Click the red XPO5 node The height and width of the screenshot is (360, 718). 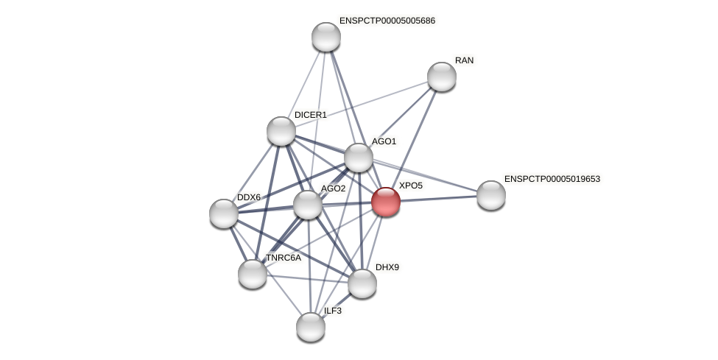click(x=386, y=202)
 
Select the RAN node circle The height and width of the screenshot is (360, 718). click(x=442, y=77)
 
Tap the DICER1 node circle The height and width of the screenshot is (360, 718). click(x=281, y=131)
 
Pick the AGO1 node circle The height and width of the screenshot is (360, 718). click(x=359, y=158)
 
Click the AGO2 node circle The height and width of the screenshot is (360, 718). click(x=308, y=205)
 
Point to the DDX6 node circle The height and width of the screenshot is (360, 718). click(x=224, y=213)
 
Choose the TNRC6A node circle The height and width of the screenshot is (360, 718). click(x=253, y=274)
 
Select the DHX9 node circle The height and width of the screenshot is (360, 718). click(x=362, y=283)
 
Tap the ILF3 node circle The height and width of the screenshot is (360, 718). click(x=311, y=327)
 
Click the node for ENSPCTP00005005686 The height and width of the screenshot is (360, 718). click(x=326, y=37)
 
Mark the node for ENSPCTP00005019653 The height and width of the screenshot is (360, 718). click(x=491, y=195)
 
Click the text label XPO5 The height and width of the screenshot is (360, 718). click(x=411, y=186)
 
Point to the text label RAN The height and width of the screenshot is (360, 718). click(x=464, y=60)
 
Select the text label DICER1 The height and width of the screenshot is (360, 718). click(x=310, y=115)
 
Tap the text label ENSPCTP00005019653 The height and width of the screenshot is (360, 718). click(x=552, y=179)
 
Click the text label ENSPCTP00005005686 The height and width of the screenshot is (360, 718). click(x=387, y=21)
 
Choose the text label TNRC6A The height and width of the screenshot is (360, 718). click(x=283, y=258)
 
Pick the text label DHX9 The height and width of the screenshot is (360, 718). click(x=387, y=267)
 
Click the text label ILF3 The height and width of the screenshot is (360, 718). click(x=333, y=311)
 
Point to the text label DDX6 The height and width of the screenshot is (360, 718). click(x=249, y=197)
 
